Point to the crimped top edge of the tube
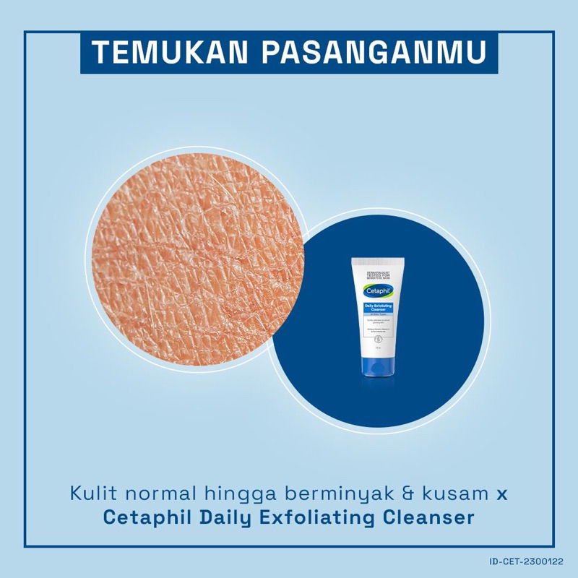pos(371,257)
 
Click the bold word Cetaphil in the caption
pos(144,518)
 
